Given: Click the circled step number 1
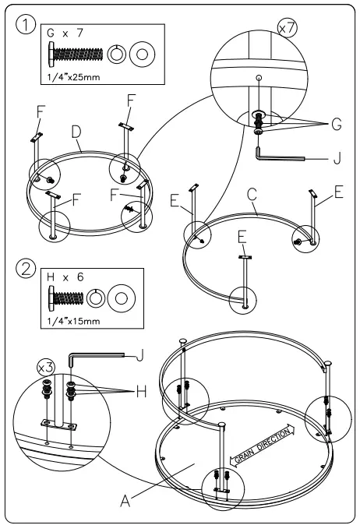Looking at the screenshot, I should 26,25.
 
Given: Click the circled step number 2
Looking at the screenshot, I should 26,271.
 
